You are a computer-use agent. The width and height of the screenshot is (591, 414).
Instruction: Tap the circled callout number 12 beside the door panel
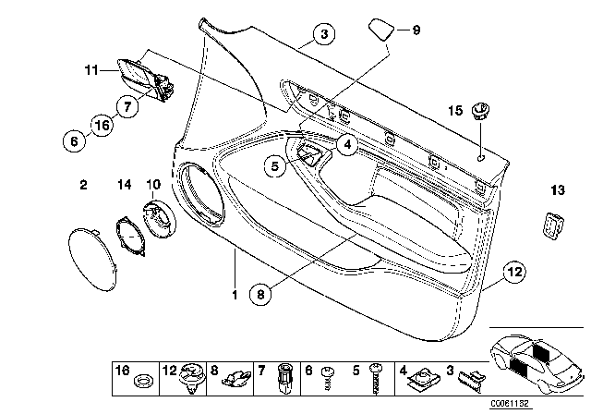pyautogui.click(x=513, y=271)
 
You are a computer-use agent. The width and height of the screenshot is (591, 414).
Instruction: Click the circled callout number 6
pyautogui.click(x=77, y=140)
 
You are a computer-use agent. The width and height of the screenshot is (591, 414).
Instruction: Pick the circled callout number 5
pyautogui.click(x=273, y=166)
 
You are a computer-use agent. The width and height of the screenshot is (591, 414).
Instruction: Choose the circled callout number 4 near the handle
pyautogui.click(x=346, y=143)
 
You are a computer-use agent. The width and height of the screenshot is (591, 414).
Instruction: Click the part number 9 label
pyautogui.click(x=416, y=30)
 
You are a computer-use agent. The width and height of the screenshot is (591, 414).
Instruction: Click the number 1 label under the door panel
pyautogui.click(x=234, y=295)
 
